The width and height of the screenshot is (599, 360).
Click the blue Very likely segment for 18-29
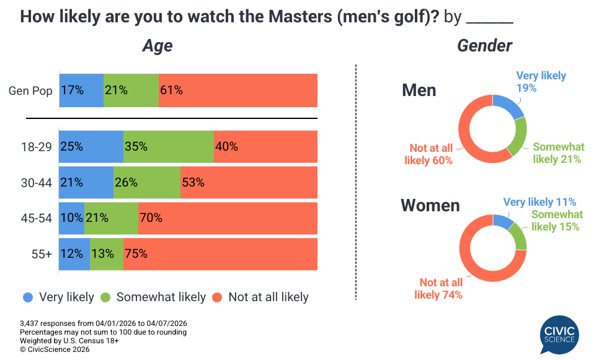[91, 147]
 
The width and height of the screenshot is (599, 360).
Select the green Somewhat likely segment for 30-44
[147, 182]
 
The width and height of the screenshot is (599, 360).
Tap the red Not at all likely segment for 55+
[220, 254]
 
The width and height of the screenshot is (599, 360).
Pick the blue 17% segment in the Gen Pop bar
[81, 90]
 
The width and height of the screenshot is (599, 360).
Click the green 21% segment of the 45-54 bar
[111, 218]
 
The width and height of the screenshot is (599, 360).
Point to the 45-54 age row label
[37, 218]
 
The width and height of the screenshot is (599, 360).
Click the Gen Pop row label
[30, 90]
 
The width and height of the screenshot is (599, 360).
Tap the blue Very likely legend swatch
[27, 297]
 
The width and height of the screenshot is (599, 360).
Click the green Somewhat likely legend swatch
[105, 297]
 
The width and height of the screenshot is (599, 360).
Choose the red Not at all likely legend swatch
[217, 297]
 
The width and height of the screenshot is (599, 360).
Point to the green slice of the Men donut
[519, 137]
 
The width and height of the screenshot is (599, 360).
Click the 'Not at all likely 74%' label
[438, 289]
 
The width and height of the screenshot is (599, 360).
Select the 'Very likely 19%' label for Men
[541, 82]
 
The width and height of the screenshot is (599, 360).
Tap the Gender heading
[485, 46]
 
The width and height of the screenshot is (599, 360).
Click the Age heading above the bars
[158, 46]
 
